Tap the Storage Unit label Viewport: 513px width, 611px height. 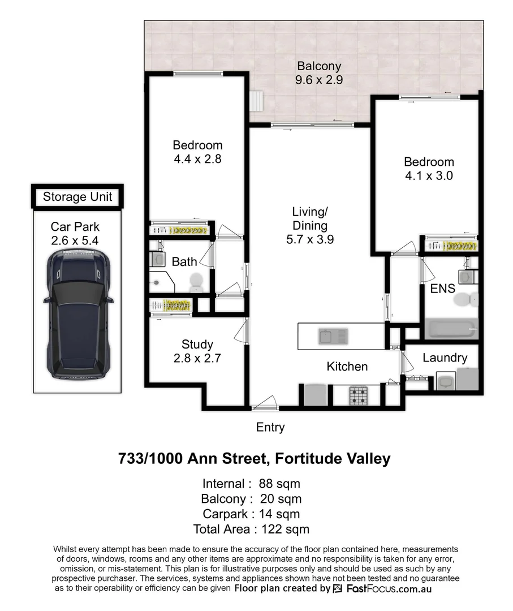coord(77,197)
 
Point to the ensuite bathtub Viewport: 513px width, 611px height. coord(451,328)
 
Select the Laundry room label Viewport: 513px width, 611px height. coord(445,358)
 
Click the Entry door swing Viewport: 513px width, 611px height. coord(265,403)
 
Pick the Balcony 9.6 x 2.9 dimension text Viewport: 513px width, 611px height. coord(319,80)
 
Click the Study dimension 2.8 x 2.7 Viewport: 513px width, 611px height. coord(197,358)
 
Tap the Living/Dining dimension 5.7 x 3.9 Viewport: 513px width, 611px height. coord(310,239)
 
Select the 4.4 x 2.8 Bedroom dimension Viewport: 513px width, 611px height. coord(197,159)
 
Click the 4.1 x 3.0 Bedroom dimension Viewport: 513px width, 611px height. coord(429,175)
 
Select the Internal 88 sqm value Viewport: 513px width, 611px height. coord(279,484)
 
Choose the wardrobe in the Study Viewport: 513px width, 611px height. coord(170,305)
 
